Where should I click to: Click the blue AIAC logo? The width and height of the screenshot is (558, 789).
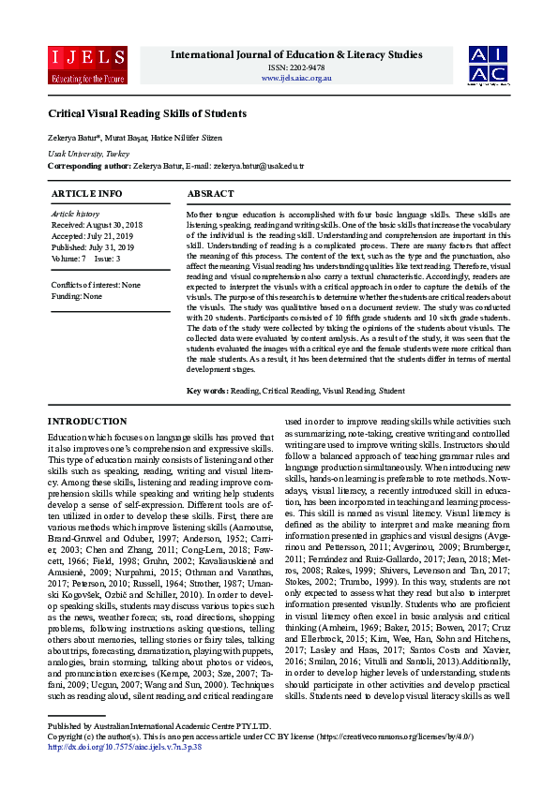pyautogui.click(x=490, y=65)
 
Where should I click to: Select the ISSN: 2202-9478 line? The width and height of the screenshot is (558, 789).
pyautogui.click(x=296, y=67)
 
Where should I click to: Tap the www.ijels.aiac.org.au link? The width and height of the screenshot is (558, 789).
pyautogui.click(x=296, y=78)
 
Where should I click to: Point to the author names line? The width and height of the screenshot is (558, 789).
pyautogui.click(x=135, y=138)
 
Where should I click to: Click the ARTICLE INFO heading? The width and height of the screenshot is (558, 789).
pyautogui.click(x=86, y=193)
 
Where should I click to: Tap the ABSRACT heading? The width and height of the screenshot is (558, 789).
pyautogui.click(x=211, y=193)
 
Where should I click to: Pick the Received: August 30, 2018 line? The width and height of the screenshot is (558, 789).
pyautogui.click(x=97, y=225)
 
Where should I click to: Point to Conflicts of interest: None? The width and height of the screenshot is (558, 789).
pyautogui.click(x=96, y=284)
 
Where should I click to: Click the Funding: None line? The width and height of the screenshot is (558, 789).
pyautogui.click(x=77, y=295)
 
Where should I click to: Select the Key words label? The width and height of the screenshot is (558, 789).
pyautogui.click(x=207, y=390)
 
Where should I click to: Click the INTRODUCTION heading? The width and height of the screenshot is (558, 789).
pyautogui.click(x=87, y=422)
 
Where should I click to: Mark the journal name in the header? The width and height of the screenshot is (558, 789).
pyautogui.click(x=296, y=55)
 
